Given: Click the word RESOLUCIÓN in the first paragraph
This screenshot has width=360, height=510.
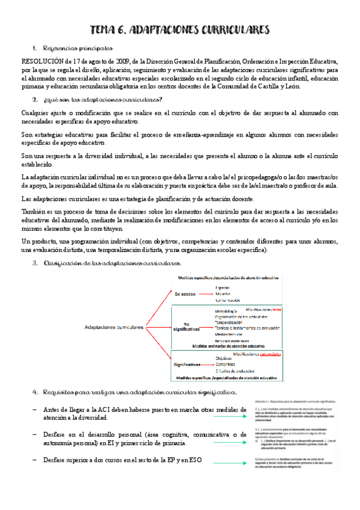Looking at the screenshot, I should coord(44,61).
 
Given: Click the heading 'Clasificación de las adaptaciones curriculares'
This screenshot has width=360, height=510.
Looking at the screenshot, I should coord(111,263).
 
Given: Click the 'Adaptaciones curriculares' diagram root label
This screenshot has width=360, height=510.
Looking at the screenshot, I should coord(114,327).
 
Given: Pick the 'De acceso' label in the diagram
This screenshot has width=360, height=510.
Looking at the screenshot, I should coord(186,295).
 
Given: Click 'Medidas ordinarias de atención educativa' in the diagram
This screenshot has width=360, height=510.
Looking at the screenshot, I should coord(228,347).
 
